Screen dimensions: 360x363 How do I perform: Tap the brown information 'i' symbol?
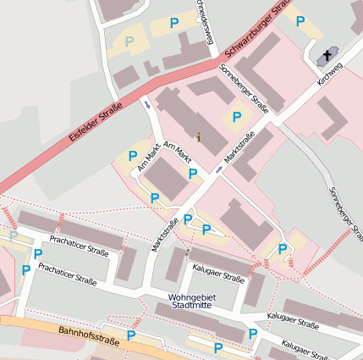pyautogui.click(x=199, y=136)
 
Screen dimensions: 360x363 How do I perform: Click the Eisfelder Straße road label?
pyautogui.click(x=94, y=123)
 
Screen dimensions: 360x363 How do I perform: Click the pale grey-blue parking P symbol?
pyautogui.click(x=129, y=40)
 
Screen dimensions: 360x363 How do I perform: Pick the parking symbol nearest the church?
pyautogui.click(x=300, y=20)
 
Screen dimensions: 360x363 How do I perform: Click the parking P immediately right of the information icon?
pyautogui.click(x=237, y=117)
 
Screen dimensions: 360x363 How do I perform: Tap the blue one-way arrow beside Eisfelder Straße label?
pyautogui.click(x=147, y=105)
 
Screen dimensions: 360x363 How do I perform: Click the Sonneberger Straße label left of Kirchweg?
pyautogui.click(x=244, y=87)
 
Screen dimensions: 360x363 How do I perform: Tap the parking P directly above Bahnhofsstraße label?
pyautogui.click(x=131, y=335)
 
